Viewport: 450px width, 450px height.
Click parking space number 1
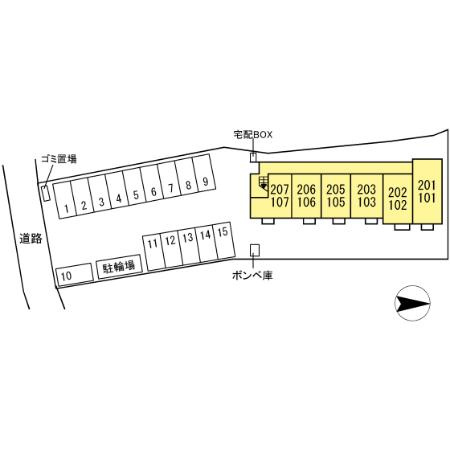(64, 200)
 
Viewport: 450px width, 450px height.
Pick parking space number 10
(74, 275)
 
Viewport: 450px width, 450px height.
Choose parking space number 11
(153, 252)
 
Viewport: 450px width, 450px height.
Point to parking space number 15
(223, 240)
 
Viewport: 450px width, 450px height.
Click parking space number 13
(188, 246)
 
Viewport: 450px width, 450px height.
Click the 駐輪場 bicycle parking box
(119, 267)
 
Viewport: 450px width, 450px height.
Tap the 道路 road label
(31, 239)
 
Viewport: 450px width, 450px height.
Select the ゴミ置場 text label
(59, 159)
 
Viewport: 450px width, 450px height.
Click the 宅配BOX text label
(253, 135)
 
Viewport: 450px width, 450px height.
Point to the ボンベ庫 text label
(252, 275)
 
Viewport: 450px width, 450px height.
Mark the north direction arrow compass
(412, 303)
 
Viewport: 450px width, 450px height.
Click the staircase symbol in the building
(264, 183)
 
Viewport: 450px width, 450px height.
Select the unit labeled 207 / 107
(280, 196)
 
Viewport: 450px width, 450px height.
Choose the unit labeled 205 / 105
(336, 196)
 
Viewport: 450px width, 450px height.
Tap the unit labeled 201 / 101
(427, 191)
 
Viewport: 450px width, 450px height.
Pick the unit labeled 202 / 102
(398, 199)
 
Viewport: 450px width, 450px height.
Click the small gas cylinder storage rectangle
(255, 250)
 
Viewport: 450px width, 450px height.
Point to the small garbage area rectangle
(46, 193)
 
